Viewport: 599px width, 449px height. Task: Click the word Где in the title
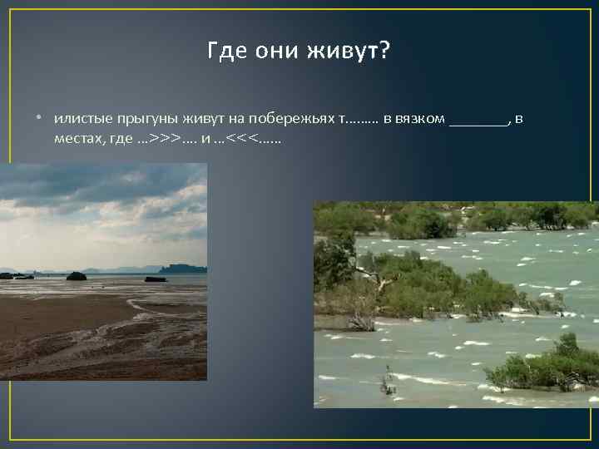coord(225,52)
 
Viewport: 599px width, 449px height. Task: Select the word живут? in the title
coord(349,52)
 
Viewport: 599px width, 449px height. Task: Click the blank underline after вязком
coord(478,123)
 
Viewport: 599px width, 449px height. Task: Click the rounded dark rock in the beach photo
coord(77,275)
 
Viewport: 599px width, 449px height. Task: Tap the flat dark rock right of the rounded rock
coord(155,279)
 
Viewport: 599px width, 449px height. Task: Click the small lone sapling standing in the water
coord(386,382)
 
